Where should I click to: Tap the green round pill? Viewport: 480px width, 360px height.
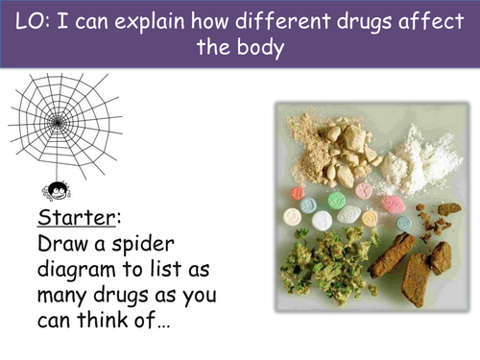(336, 201)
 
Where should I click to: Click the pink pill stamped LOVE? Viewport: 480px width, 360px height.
(393, 204)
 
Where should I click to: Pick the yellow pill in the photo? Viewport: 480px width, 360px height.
(368, 220)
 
